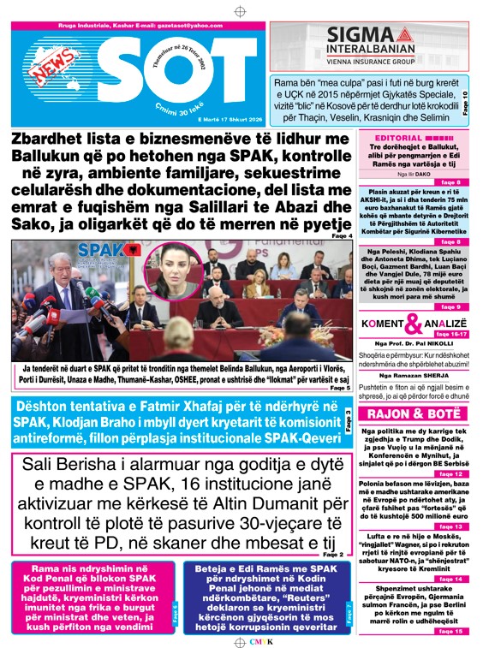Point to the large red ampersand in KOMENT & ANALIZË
tap(412, 324)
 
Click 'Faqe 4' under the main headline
tap(341, 235)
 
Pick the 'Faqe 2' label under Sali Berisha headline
tap(334, 555)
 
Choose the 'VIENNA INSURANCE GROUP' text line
tap(368, 62)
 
